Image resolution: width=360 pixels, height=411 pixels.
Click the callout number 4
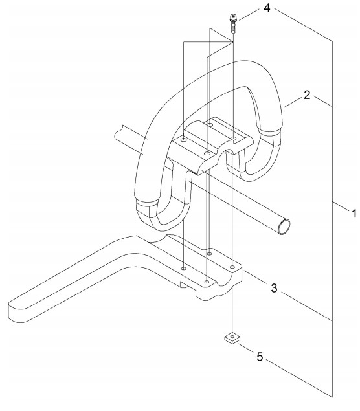(266, 8)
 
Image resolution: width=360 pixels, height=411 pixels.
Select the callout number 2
(307, 95)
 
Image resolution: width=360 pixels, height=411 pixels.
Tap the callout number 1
(354, 214)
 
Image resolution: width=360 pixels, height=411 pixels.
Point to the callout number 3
(274, 288)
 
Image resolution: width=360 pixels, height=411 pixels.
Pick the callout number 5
(259, 357)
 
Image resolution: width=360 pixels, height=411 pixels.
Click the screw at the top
(232, 23)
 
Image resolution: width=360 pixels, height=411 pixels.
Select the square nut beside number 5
(232, 337)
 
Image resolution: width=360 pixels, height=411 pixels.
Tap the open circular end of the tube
(284, 227)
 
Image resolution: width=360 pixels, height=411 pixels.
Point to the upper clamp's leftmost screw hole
(184, 140)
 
